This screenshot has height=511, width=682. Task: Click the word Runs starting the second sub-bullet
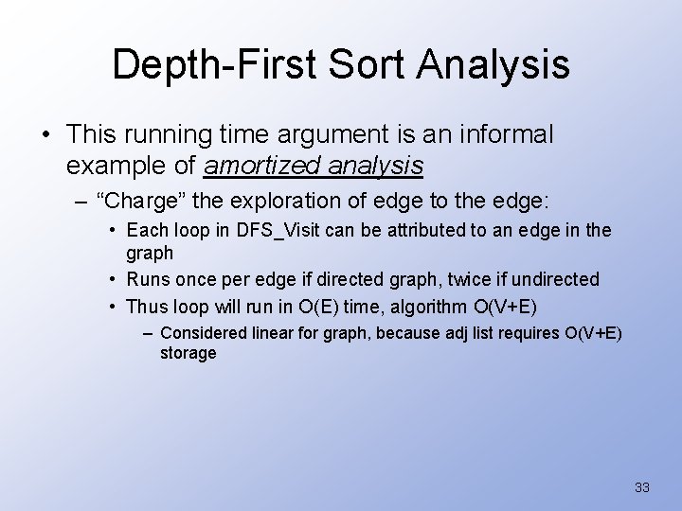147,279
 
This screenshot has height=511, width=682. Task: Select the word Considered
203,332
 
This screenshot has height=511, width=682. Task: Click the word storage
188,353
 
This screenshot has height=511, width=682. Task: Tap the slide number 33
641,487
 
